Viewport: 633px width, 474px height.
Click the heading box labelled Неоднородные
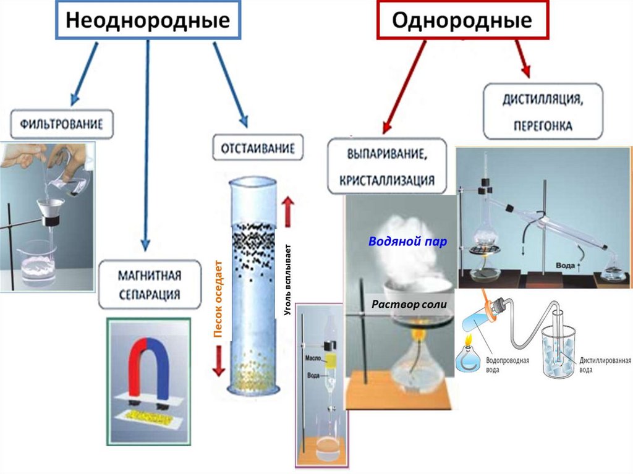pos(148,20)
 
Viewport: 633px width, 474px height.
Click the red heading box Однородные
pos(462,20)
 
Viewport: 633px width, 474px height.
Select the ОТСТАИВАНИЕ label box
pos(258,148)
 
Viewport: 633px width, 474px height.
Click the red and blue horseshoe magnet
pos(149,371)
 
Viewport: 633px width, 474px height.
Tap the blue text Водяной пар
pos(407,242)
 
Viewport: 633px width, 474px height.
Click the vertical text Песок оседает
pos(218,303)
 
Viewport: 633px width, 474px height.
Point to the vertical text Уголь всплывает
pos(287,282)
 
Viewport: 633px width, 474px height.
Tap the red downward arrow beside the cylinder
pos(218,360)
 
